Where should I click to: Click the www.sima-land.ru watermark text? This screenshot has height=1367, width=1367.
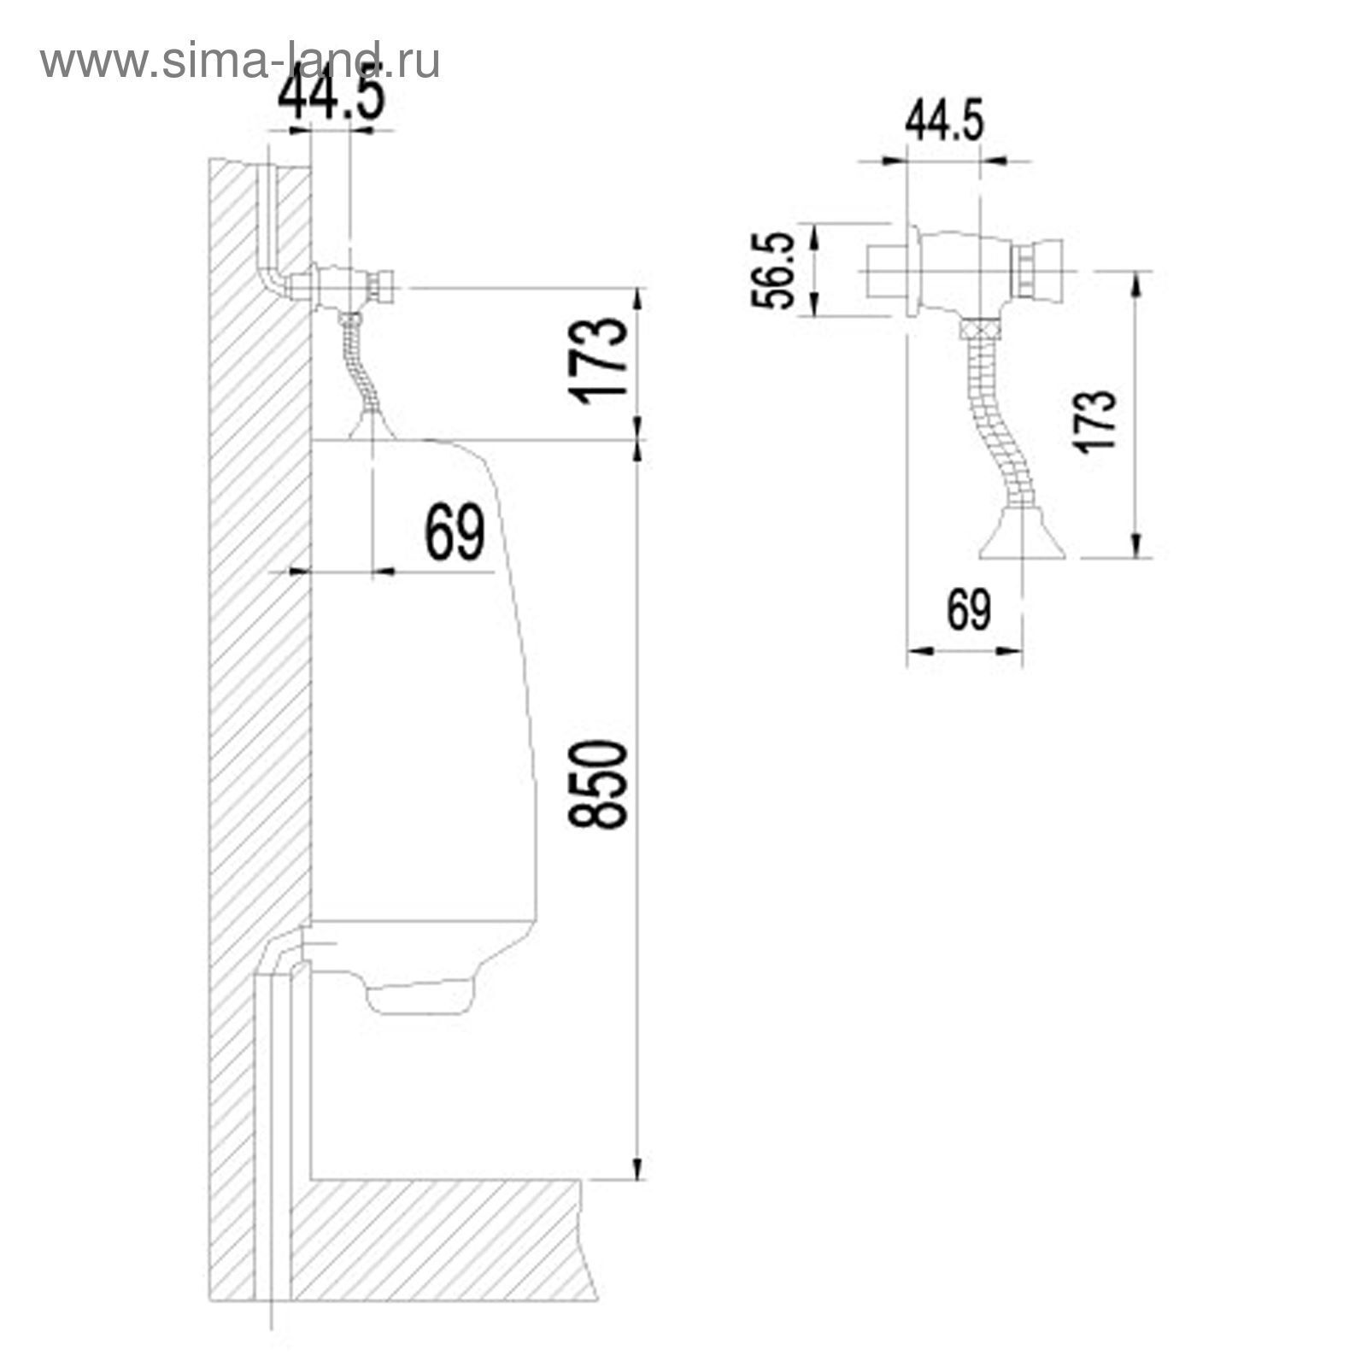coord(240,61)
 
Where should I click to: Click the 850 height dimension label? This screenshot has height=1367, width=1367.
coord(598,784)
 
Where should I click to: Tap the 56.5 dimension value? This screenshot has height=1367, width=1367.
coord(775,271)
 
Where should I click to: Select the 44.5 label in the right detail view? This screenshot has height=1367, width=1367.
coord(944,121)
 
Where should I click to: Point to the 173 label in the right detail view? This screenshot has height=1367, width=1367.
coord(1097,419)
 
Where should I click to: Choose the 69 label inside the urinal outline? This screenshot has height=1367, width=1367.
coord(455,532)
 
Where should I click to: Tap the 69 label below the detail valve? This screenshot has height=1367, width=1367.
coord(969,610)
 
